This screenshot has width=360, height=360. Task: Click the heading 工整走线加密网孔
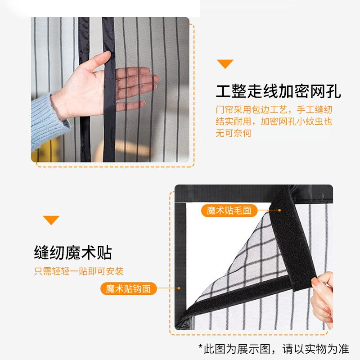click(278, 91)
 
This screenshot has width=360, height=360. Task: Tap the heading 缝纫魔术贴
click(73, 253)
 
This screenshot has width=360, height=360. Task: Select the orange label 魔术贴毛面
click(229, 211)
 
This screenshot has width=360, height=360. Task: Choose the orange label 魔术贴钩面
click(128, 288)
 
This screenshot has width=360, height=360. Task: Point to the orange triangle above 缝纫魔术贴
click(51, 220)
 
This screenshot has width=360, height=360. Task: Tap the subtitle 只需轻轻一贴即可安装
click(79, 271)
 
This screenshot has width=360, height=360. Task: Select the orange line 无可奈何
click(233, 133)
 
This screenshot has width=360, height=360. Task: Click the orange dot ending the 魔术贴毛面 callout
click(279, 210)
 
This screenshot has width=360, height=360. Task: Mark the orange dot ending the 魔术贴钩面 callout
click(179, 288)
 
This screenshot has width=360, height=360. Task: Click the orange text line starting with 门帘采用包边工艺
click(274, 110)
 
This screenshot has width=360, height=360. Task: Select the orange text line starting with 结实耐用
click(274, 121)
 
